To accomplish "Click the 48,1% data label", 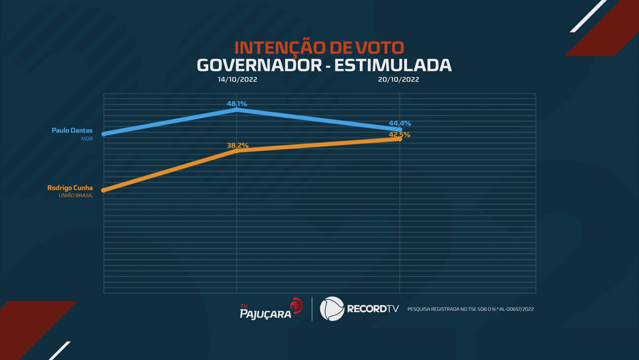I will point(237,103).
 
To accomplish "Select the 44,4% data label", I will point(399,123).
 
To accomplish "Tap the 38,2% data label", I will point(237,145).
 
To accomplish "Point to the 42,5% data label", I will point(399,134).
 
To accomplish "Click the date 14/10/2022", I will point(237,80).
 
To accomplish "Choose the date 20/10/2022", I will point(399,80).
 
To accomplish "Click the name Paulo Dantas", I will point(72,130).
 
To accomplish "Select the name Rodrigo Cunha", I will point(70,187).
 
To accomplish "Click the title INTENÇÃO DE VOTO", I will point(319,48).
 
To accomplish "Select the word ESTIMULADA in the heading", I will point(397,65).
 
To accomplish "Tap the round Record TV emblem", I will point(332,309).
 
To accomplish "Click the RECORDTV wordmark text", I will point(373,309).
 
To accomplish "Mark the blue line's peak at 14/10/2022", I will point(237,110).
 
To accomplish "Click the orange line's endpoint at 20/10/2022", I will point(400,139).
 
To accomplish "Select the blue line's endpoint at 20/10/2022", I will point(400,130).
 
